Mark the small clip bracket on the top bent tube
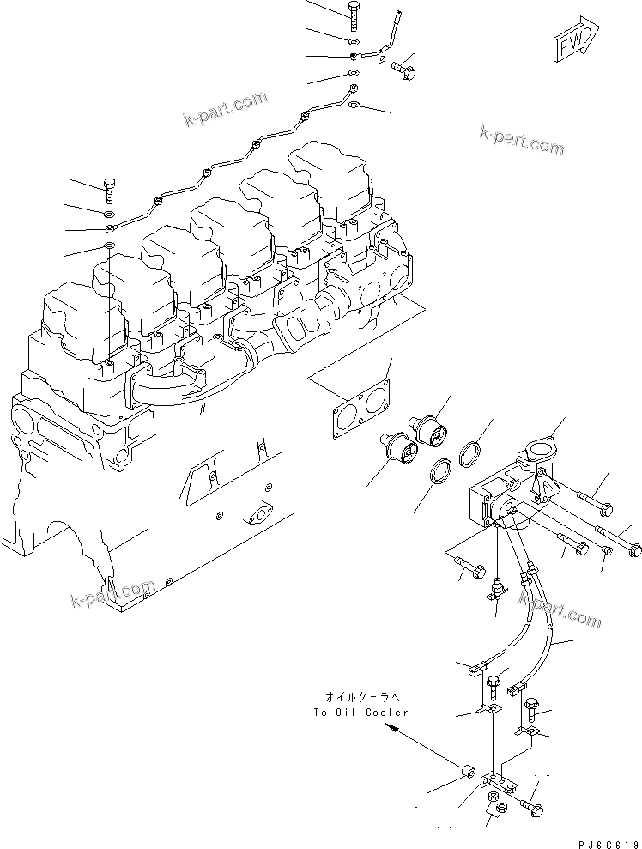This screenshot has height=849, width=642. [375, 58]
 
